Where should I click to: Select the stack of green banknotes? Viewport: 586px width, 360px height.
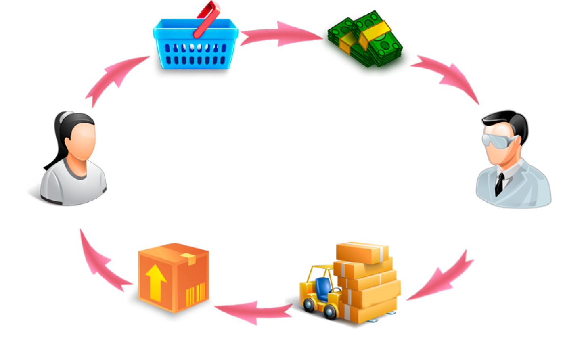point(363,38)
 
